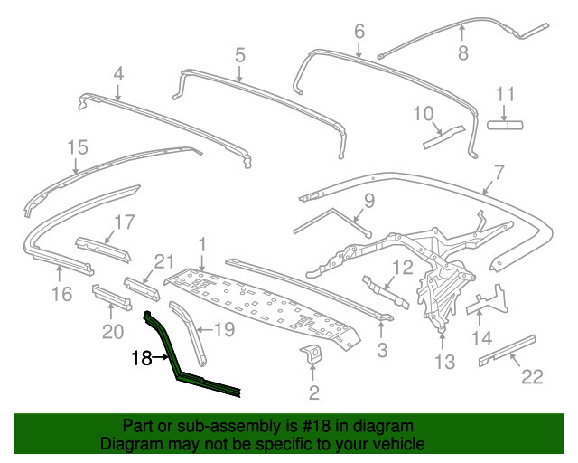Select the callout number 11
(505, 94)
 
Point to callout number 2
(313, 392)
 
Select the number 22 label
(533, 377)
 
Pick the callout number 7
(499, 170)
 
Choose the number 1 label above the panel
(203, 243)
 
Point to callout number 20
(112, 332)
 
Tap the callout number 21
(163, 261)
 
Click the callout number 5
(240, 54)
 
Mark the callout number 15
(78, 146)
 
